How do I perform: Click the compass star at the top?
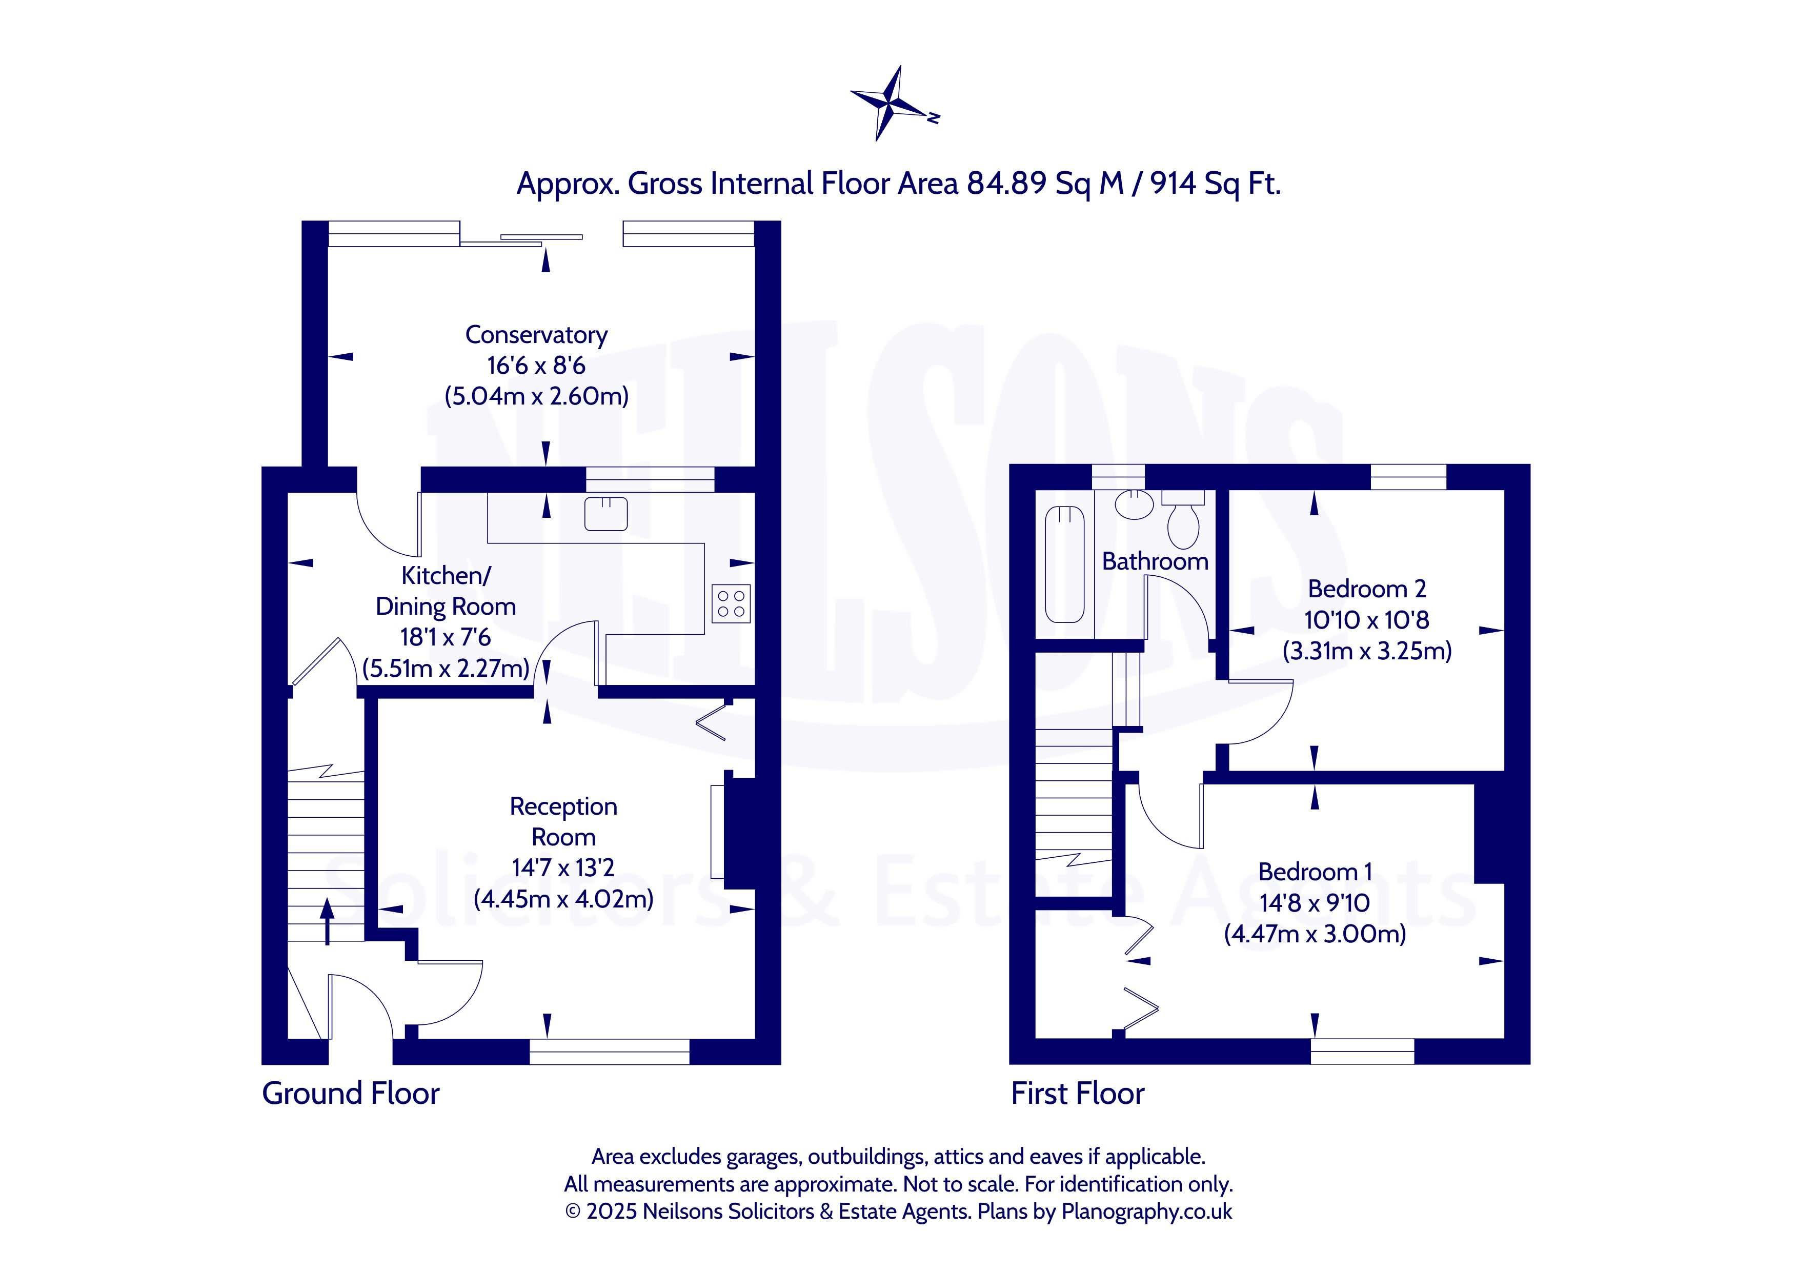pyautogui.click(x=891, y=103)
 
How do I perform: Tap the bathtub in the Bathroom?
pyautogui.click(x=1065, y=564)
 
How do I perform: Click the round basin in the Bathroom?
pyautogui.click(x=1134, y=505)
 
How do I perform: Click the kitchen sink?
pyautogui.click(x=606, y=514)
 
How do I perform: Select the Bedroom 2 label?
pyautogui.click(x=1366, y=589)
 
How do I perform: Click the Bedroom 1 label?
pyautogui.click(x=1315, y=872)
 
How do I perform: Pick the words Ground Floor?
pyautogui.click(x=351, y=1094)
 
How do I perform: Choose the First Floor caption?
pyautogui.click(x=1078, y=1094)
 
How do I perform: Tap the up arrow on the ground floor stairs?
pyautogui.click(x=327, y=921)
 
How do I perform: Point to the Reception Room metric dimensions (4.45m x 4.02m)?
pyautogui.click(x=564, y=898)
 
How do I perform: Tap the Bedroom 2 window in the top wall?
pyautogui.click(x=1408, y=477)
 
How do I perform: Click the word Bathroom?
pyautogui.click(x=1155, y=561)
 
